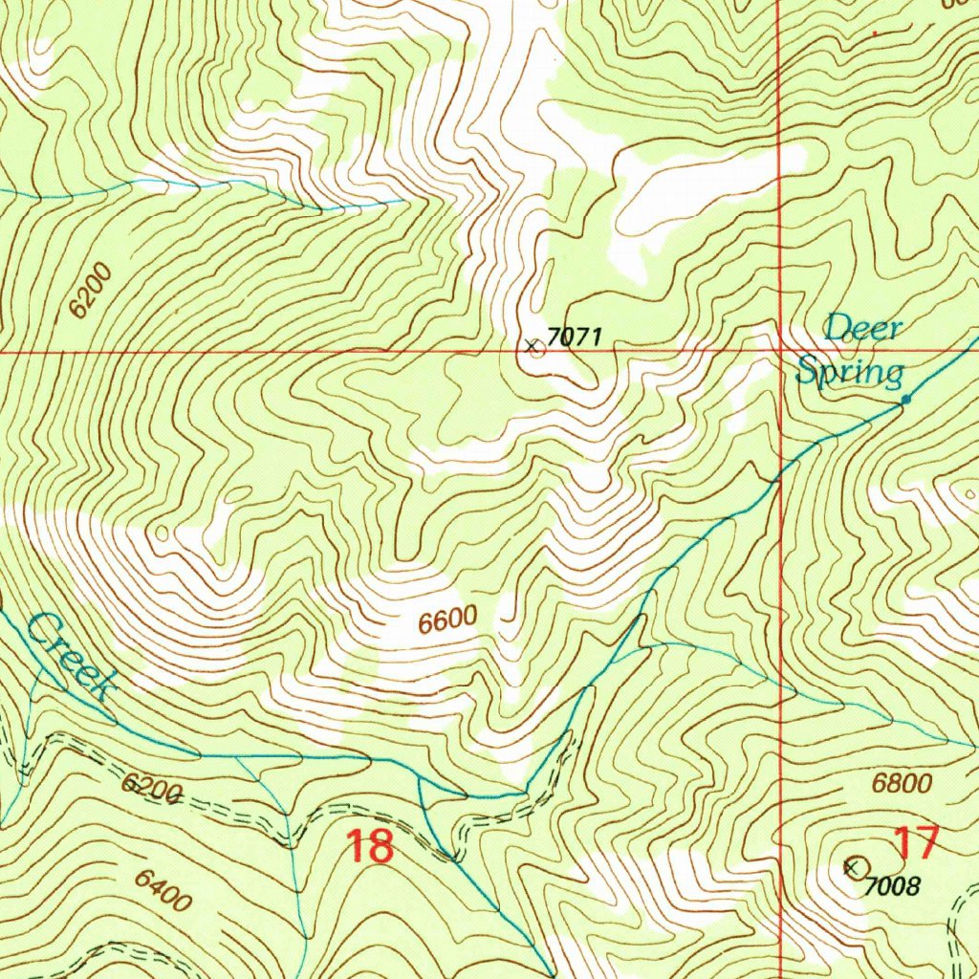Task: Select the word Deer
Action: coord(863,329)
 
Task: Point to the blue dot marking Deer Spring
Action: coord(905,400)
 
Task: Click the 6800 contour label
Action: coord(902,785)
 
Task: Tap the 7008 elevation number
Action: coord(892,886)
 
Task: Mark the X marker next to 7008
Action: coord(851,867)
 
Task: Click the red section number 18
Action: coord(369,847)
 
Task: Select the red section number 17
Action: coord(916,843)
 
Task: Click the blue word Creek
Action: coord(72,657)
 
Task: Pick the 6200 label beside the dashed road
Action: coord(151,789)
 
